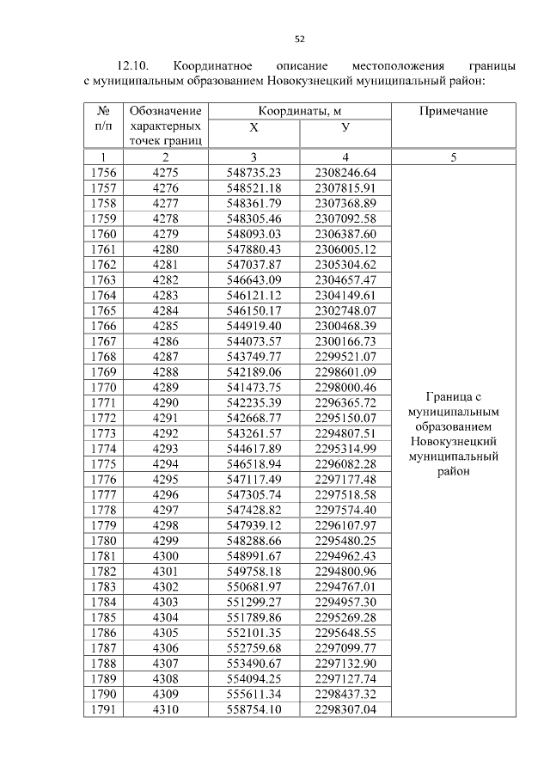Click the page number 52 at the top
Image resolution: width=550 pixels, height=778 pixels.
[x=300, y=39]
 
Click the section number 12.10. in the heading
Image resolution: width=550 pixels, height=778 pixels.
[x=133, y=65]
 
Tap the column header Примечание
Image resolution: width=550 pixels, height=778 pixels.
[x=453, y=111]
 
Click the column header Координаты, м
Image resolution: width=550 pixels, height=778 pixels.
[x=300, y=111]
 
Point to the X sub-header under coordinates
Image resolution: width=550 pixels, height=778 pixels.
[x=254, y=127]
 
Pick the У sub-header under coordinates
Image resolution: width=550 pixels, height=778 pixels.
[x=345, y=127]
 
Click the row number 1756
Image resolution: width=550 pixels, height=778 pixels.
[x=103, y=172]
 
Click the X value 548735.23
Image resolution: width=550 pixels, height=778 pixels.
[x=254, y=172]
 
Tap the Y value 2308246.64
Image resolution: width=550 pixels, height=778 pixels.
[x=345, y=172]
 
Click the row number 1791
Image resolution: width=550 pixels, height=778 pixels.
[x=103, y=709]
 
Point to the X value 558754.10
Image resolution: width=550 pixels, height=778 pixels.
[x=254, y=709]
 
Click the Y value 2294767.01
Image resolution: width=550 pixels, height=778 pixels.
[x=345, y=586]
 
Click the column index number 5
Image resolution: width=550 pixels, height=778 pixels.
[x=453, y=157]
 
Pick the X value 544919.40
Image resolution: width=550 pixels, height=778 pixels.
[x=254, y=326]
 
